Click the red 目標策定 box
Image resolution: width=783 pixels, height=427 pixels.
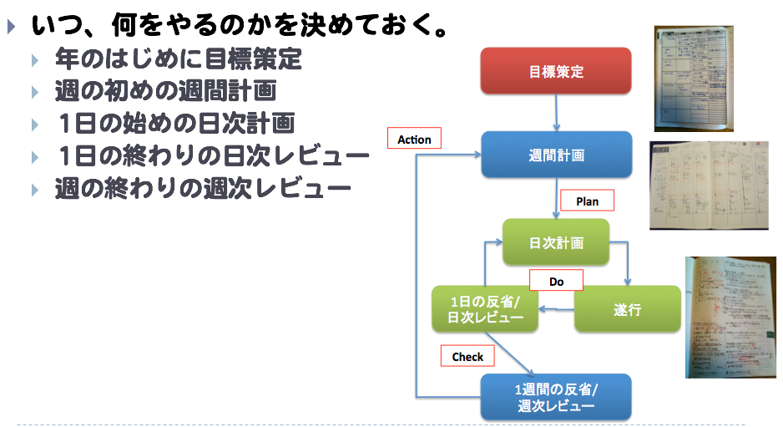[556, 71]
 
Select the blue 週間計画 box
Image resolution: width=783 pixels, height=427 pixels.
[556, 155]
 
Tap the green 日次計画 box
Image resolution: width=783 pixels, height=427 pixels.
[556, 243]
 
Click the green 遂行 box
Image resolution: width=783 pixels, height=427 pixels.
[627, 309]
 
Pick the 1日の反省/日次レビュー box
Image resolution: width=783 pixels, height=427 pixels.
[485, 309]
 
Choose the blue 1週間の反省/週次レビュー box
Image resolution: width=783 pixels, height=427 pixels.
[556, 398]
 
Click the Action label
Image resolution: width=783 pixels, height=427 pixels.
[414, 139]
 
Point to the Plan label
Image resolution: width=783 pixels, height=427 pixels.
[587, 201]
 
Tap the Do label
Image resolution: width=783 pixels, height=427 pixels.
[556, 282]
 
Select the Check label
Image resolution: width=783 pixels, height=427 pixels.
[467, 356]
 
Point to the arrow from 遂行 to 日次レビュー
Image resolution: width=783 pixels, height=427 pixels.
[556, 310]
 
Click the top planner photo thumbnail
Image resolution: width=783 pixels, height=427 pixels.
[694, 79]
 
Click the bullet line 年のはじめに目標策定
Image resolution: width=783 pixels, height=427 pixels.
[178, 60]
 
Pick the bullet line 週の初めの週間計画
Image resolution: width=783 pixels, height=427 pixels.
[164, 91]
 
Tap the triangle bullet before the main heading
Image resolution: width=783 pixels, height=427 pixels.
[11, 28]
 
